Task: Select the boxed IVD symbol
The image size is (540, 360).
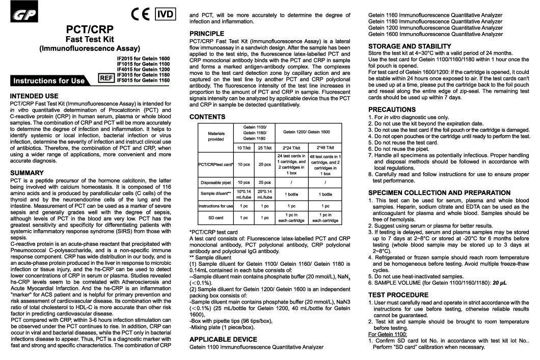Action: [164, 13]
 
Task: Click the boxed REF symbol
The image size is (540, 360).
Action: [105, 78]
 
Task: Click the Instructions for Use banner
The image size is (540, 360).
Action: [49, 80]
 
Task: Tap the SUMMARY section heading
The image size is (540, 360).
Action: [29, 173]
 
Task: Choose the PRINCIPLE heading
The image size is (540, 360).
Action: [206, 34]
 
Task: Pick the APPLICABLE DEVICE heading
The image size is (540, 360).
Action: [223, 339]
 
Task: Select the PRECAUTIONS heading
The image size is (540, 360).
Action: [392, 109]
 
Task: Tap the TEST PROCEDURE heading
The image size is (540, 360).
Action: [399, 295]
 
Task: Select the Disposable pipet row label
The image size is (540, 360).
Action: [216, 182]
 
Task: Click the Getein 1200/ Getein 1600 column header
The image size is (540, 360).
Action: [307, 131]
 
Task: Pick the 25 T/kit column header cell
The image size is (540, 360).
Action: [264, 148]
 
